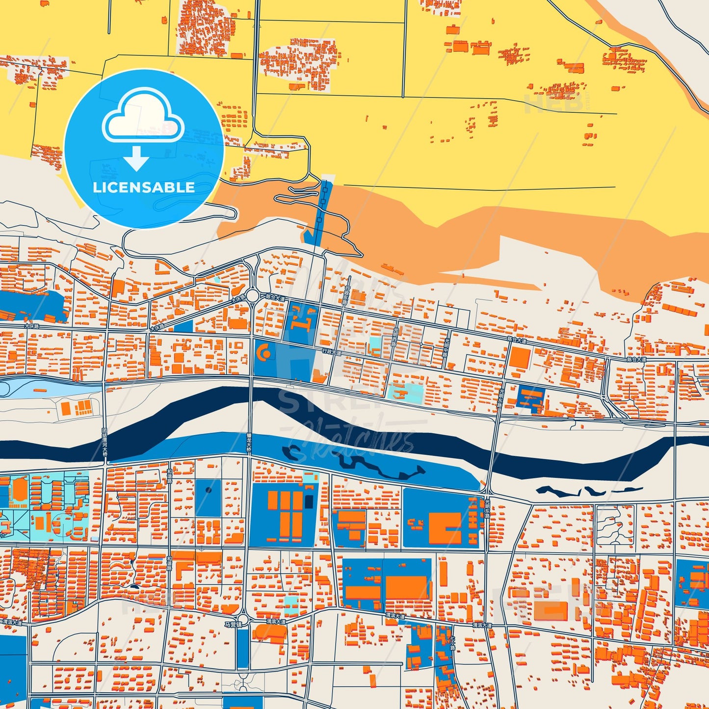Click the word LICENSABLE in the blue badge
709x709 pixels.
(x=144, y=187)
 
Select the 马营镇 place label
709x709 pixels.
(x=233, y=625)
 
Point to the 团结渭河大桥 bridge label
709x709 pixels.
(x=105, y=442)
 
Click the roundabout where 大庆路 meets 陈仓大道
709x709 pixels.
(x=253, y=296)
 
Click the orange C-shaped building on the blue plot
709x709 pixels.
(x=264, y=352)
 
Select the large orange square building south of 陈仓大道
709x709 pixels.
(x=520, y=359)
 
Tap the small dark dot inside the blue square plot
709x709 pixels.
(x=209, y=490)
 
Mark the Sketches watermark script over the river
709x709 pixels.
(x=353, y=442)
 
